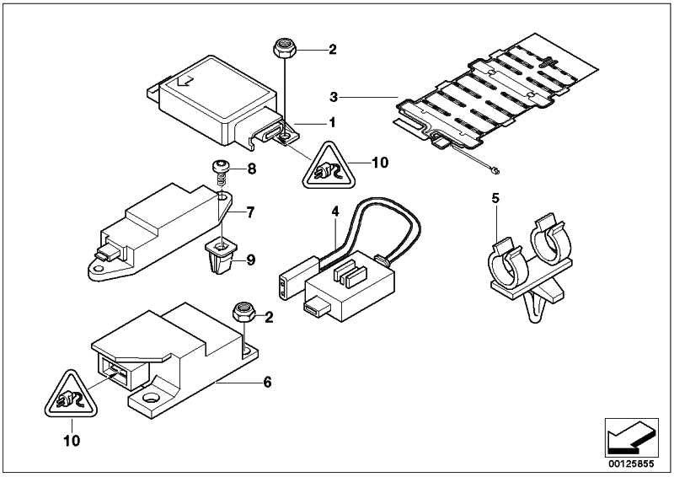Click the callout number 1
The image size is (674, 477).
tap(332, 122)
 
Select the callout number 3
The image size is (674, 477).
tap(335, 98)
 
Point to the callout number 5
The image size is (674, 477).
tap(496, 200)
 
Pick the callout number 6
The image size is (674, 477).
tap(266, 382)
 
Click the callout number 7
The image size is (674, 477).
tap(251, 212)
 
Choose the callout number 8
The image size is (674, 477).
tap(250, 169)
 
